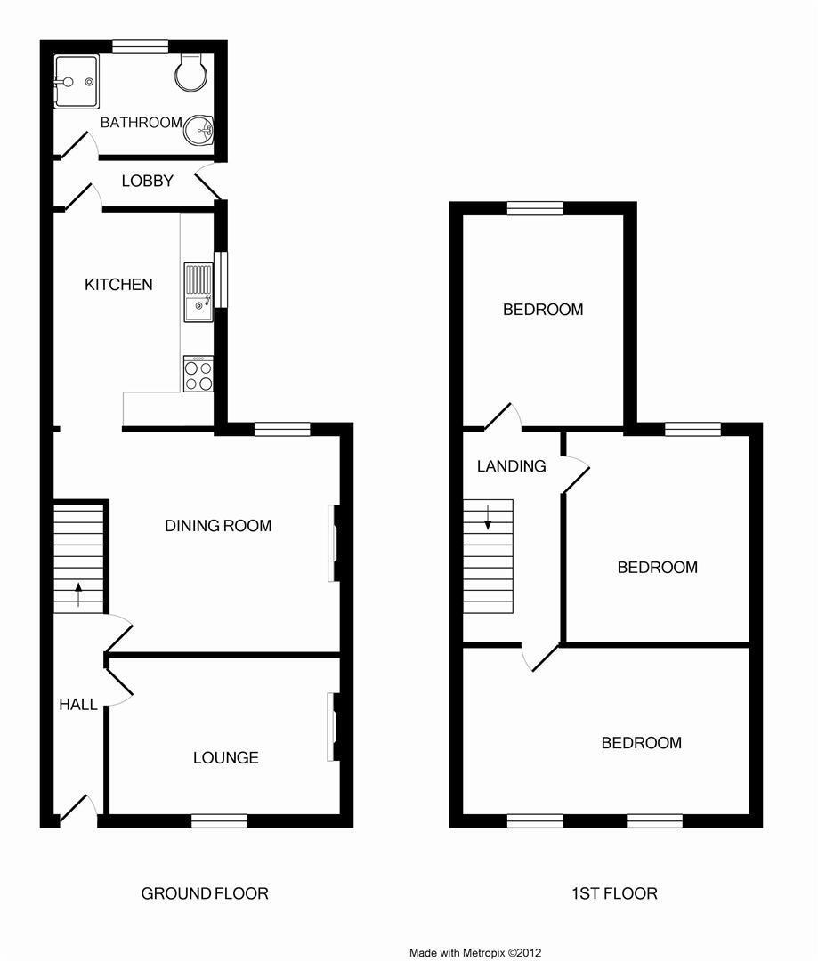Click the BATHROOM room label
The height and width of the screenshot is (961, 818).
[141, 123]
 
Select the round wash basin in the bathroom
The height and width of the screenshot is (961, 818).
[199, 132]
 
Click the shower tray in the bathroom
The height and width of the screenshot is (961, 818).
[76, 82]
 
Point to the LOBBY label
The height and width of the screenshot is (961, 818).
[148, 181]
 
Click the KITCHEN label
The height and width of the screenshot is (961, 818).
[118, 285]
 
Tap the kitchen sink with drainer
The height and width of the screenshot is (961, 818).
[198, 292]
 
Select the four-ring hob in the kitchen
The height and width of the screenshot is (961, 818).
[198, 374]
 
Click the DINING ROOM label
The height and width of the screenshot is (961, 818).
[218, 526]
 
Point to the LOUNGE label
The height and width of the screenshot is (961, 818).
[226, 758]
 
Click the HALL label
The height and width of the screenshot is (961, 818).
[78, 705]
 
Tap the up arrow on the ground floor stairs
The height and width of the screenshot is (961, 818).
[78, 594]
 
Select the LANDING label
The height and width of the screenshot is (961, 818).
[512, 466]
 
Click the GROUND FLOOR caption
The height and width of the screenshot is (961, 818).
[205, 893]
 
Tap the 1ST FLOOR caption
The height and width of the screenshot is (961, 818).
[615, 893]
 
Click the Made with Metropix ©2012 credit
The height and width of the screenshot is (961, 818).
[475, 953]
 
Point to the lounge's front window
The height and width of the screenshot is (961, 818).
[219, 820]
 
